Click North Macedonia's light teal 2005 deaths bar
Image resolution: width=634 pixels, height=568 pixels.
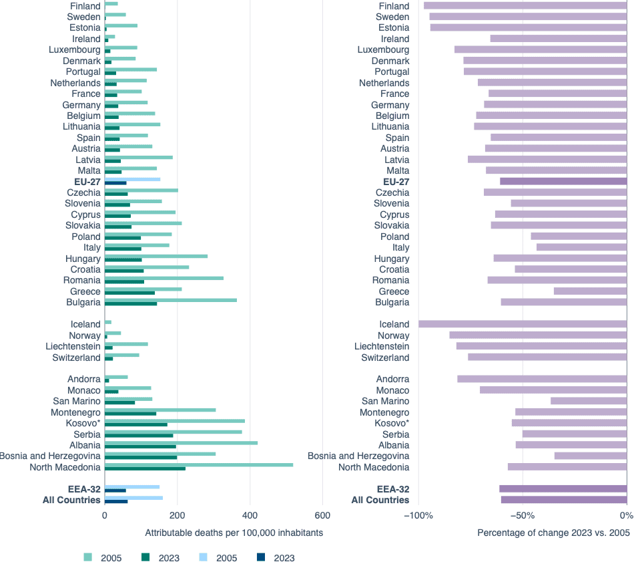199,464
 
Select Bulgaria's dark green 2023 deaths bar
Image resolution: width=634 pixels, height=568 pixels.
131,304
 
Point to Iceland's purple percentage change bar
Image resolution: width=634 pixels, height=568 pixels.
523,324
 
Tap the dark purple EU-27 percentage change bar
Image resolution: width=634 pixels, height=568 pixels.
563,181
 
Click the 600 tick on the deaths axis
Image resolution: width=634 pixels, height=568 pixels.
322,516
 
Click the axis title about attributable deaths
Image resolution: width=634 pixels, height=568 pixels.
234,533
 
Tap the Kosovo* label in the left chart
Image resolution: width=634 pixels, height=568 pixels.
83,423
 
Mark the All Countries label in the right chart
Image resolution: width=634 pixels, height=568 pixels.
380,500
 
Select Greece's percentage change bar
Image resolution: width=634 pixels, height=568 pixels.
590,291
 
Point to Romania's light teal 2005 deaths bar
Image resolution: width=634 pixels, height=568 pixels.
164,278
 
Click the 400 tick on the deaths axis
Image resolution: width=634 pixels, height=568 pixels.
250,516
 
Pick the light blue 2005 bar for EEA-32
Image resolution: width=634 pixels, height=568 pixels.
132,486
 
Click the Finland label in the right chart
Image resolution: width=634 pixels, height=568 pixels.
394,6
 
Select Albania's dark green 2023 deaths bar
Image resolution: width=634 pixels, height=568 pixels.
140,446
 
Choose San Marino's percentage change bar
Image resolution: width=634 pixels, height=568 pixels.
589,401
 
